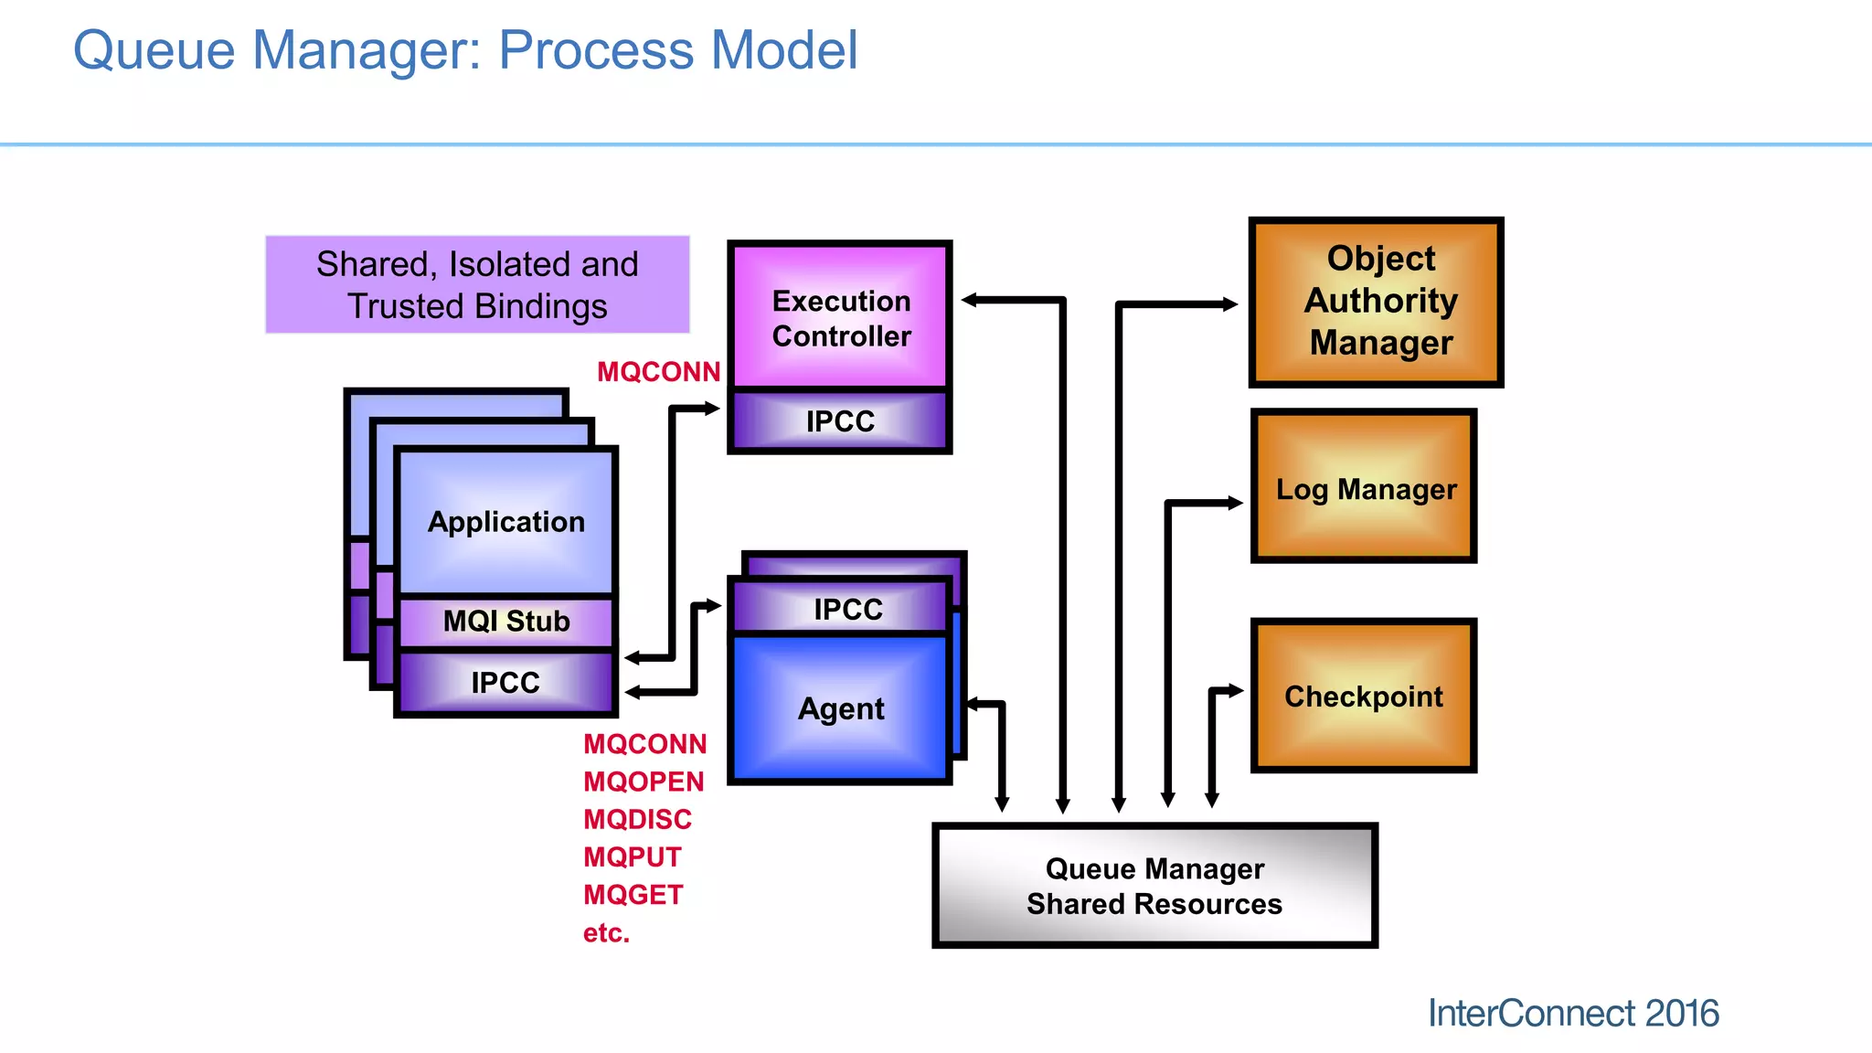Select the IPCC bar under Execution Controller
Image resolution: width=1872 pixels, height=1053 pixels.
(x=840, y=421)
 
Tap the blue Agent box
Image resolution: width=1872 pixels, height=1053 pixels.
(x=840, y=709)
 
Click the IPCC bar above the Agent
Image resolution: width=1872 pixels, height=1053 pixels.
(x=846, y=610)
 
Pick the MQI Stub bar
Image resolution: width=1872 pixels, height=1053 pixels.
(x=505, y=622)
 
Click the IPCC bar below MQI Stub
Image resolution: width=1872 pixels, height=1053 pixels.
(x=505, y=683)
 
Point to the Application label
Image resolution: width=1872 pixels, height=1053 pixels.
(x=505, y=522)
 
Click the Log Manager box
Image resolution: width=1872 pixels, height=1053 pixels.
(x=1365, y=489)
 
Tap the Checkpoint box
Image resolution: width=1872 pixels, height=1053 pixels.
(x=1363, y=697)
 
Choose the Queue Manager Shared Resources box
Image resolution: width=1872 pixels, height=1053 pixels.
(x=1154, y=886)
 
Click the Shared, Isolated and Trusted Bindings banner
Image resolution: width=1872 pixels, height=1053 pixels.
(x=477, y=285)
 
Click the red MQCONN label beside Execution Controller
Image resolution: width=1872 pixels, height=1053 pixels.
(x=658, y=372)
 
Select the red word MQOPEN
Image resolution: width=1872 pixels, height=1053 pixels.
(x=643, y=782)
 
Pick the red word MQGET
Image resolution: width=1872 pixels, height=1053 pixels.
(x=633, y=895)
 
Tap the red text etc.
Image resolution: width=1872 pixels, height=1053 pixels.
(x=606, y=933)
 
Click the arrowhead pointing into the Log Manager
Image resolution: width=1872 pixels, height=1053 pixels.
(x=1235, y=503)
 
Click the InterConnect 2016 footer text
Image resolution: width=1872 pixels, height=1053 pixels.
(x=1572, y=1014)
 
